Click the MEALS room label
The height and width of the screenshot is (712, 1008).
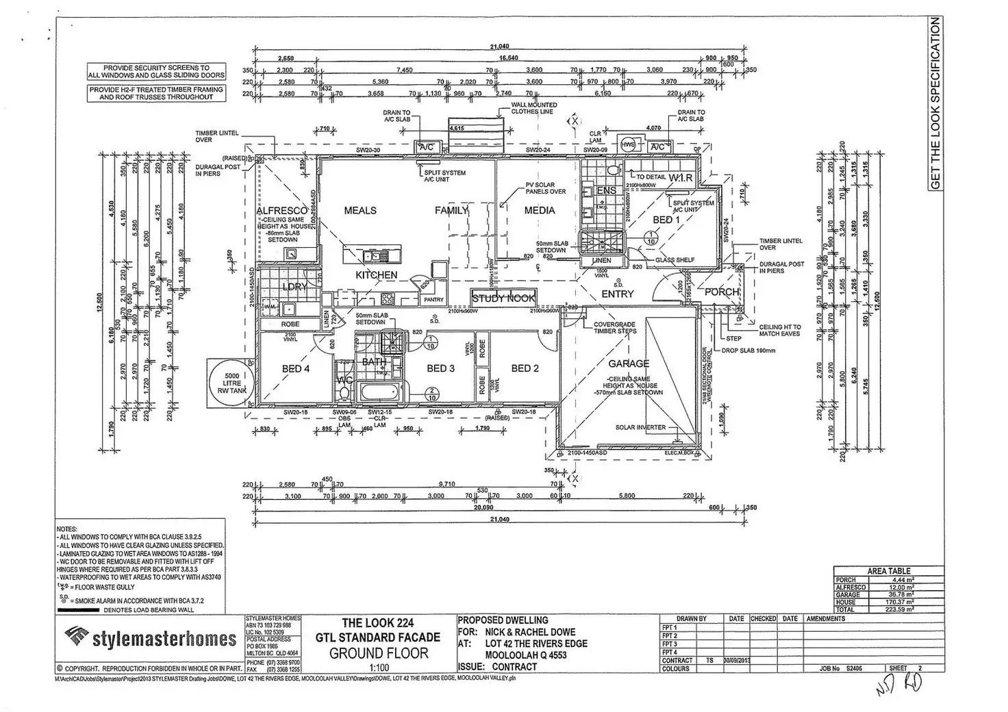[x=360, y=210]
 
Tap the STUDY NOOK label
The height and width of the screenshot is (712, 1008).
[x=503, y=298]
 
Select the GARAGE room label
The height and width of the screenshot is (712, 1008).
[x=629, y=364]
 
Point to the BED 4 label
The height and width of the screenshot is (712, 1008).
[x=296, y=368]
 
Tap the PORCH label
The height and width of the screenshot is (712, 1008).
[x=722, y=292]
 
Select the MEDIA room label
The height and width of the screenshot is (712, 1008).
[x=540, y=210]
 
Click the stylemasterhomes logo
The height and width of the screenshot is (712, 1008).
[x=150, y=639]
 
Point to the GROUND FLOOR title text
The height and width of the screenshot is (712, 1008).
[x=379, y=652]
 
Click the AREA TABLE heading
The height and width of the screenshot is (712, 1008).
[x=889, y=570]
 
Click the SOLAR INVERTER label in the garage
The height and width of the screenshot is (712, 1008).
[x=640, y=427]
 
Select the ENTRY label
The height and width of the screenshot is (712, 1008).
[x=618, y=294]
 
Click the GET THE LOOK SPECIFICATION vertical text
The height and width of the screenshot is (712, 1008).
[x=935, y=103]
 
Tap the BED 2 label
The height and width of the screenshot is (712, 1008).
[x=525, y=368]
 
